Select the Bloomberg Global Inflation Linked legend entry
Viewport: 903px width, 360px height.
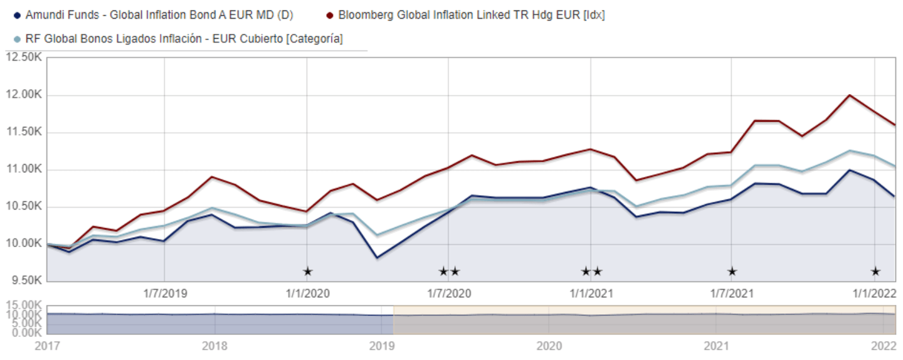471,14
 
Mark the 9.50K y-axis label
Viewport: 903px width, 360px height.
24,280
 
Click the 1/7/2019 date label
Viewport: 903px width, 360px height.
165,293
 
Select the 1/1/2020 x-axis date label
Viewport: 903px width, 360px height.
307,293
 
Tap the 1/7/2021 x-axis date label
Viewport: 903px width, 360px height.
731,293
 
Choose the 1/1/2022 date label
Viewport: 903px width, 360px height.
874,293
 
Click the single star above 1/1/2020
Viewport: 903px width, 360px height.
307,272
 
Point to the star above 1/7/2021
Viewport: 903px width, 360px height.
732,272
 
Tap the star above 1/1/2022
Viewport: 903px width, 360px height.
875,272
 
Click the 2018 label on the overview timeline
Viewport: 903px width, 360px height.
214,345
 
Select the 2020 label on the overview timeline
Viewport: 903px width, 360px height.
549,345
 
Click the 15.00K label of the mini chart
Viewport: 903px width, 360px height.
23,305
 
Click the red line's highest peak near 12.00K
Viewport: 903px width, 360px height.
849,95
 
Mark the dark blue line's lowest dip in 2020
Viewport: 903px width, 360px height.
377,257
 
